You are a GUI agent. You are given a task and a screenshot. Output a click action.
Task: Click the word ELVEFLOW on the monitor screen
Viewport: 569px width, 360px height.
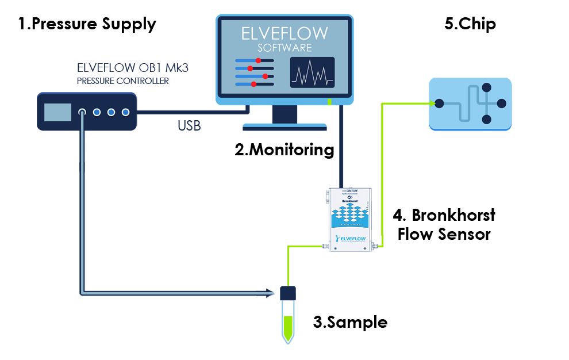284,33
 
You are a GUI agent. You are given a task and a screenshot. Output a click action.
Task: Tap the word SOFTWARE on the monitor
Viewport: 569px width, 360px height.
284,47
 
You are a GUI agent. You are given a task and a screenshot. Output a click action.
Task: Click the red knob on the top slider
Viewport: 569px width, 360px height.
259,60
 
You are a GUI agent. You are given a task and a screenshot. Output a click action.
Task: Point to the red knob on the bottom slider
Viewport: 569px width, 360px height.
253,84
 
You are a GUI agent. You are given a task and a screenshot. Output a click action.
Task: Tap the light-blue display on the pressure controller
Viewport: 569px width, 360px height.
57,112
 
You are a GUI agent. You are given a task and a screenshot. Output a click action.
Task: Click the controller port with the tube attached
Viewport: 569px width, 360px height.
82,112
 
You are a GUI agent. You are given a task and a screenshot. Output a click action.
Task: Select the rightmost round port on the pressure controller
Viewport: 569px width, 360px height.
125,112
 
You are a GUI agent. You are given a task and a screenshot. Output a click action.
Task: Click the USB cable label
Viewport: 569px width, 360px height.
189,126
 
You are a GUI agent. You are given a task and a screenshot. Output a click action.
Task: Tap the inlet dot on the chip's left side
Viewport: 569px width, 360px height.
440,104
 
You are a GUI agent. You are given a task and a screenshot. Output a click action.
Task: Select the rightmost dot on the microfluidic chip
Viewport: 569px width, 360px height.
501,104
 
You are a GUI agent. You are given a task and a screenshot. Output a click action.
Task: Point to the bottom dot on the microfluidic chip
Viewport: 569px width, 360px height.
486,119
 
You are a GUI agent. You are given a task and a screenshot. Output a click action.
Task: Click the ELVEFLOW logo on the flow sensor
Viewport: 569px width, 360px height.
351,239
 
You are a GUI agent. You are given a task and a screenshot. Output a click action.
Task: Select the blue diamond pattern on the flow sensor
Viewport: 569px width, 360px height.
351,216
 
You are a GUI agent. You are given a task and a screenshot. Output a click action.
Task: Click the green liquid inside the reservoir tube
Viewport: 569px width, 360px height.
288,325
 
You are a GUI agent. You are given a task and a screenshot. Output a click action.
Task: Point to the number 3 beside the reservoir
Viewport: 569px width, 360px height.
317,323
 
